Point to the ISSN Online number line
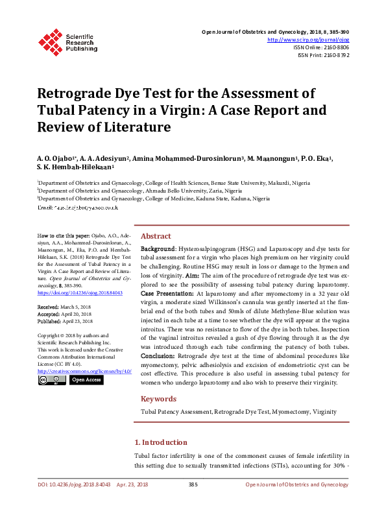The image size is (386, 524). [x=321, y=47]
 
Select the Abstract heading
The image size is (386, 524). [x=156, y=236]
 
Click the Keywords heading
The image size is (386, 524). [x=159, y=399]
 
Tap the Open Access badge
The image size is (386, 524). [x=86, y=379]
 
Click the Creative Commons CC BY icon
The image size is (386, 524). [x=51, y=379]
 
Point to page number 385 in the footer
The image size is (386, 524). [x=193, y=484]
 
